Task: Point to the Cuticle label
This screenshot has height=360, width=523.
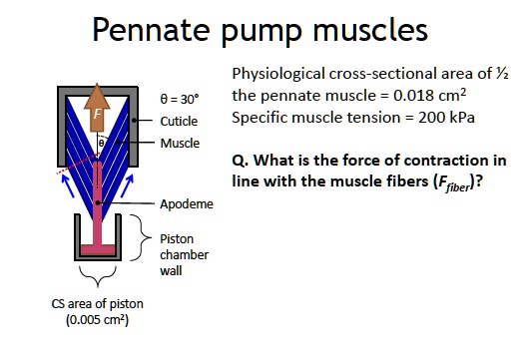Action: coord(179,122)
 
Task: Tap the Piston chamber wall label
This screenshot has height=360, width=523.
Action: coord(182,251)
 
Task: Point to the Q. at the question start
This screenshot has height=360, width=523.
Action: coord(241,162)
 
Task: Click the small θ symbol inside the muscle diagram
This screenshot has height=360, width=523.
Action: coord(101,145)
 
